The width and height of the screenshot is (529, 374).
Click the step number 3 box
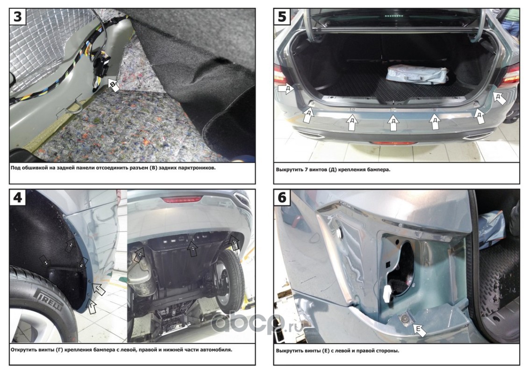click(x=17, y=16)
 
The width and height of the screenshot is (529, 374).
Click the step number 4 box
click(x=17, y=197)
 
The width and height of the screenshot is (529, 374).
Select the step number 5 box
click(x=282, y=16)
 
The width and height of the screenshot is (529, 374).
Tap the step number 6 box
click(x=282, y=197)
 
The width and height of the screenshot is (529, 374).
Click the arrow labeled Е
click(x=419, y=330)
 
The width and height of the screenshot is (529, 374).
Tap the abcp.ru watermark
click(x=257, y=323)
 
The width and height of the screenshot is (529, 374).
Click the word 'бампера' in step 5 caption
click(x=379, y=169)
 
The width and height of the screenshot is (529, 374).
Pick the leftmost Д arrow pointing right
click(x=286, y=89)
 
